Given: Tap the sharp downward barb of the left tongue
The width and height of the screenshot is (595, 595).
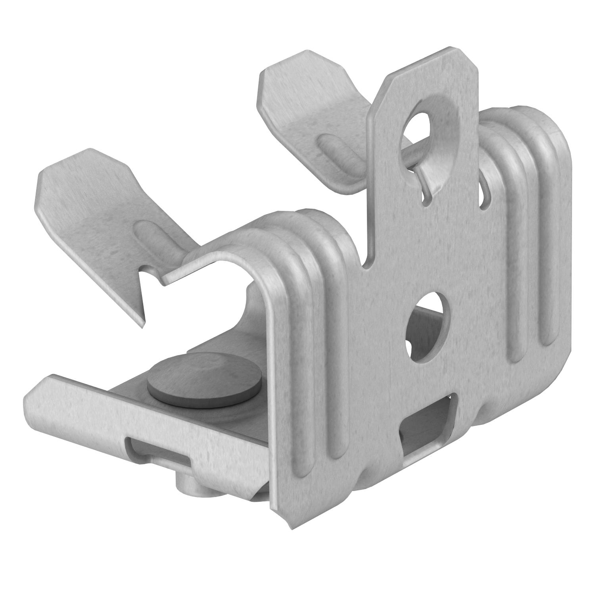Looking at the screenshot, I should point(142,323).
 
